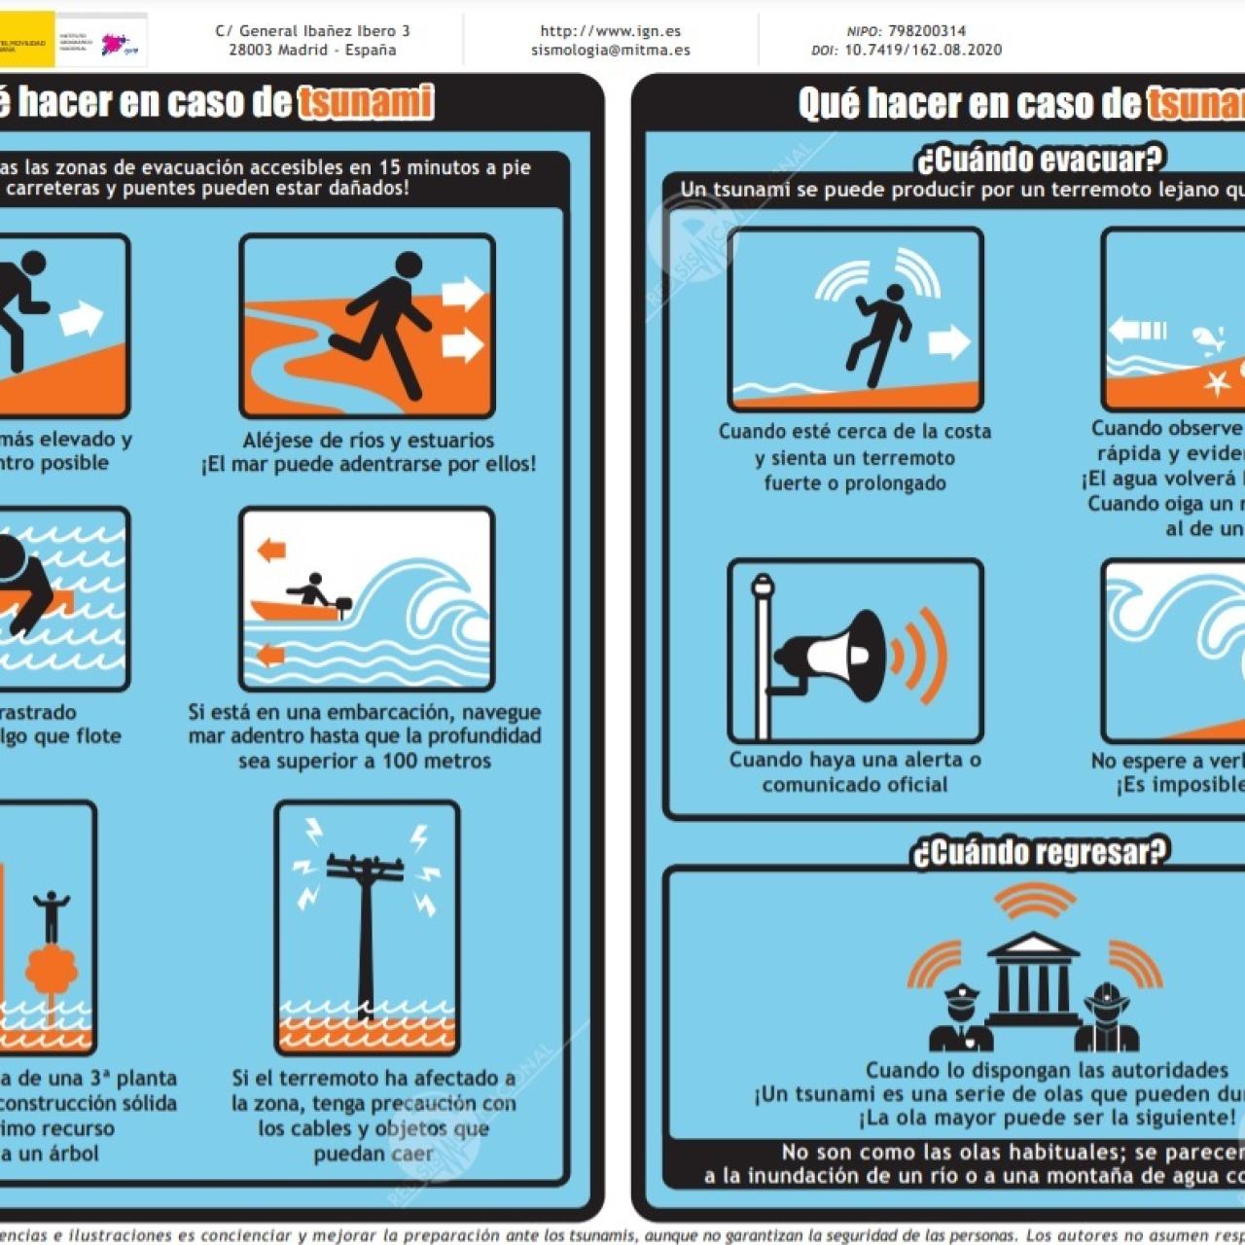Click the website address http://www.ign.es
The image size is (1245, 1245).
[610, 31]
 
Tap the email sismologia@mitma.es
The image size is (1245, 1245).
[610, 50]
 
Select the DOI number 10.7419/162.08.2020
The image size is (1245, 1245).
[922, 50]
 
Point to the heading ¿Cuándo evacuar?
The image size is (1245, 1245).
[1039, 159]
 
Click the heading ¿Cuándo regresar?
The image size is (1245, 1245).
[1039, 852]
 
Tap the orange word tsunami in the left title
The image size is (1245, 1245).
[365, 102]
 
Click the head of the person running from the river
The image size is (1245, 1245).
[409, 265]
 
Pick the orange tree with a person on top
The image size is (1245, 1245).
[51, 968]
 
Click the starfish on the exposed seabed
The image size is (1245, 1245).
[1217, 381]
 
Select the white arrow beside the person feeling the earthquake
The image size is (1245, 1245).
[948, 341]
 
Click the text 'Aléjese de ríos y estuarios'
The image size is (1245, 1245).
[368, 440]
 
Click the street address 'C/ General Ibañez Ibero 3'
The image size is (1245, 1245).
[312, 31]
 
